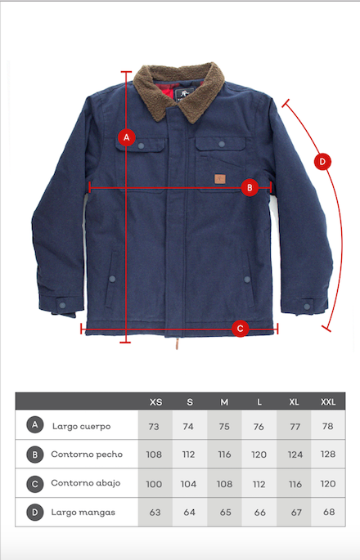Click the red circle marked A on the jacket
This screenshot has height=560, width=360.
127,137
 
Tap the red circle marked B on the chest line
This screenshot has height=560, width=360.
250,187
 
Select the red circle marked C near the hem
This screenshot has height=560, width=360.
241,328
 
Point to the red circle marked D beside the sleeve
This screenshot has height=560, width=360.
322,162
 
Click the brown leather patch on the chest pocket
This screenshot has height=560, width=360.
220,179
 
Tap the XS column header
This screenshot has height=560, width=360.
156,402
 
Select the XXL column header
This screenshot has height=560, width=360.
328,402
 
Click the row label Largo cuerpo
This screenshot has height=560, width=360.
82,427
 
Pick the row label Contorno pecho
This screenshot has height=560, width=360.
87,455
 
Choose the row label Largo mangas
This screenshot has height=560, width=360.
83,513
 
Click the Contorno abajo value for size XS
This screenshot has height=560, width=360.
154,484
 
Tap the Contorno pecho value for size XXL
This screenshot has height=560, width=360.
328,455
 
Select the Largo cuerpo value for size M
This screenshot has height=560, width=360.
224,427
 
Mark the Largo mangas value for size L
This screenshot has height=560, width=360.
260,513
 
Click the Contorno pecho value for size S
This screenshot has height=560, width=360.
188,455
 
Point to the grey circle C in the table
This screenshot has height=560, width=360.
35,484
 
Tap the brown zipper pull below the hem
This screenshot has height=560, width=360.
177,343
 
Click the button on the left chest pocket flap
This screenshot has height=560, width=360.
141,146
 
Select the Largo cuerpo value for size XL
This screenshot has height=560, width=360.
295,427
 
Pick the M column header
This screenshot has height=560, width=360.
224,402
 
